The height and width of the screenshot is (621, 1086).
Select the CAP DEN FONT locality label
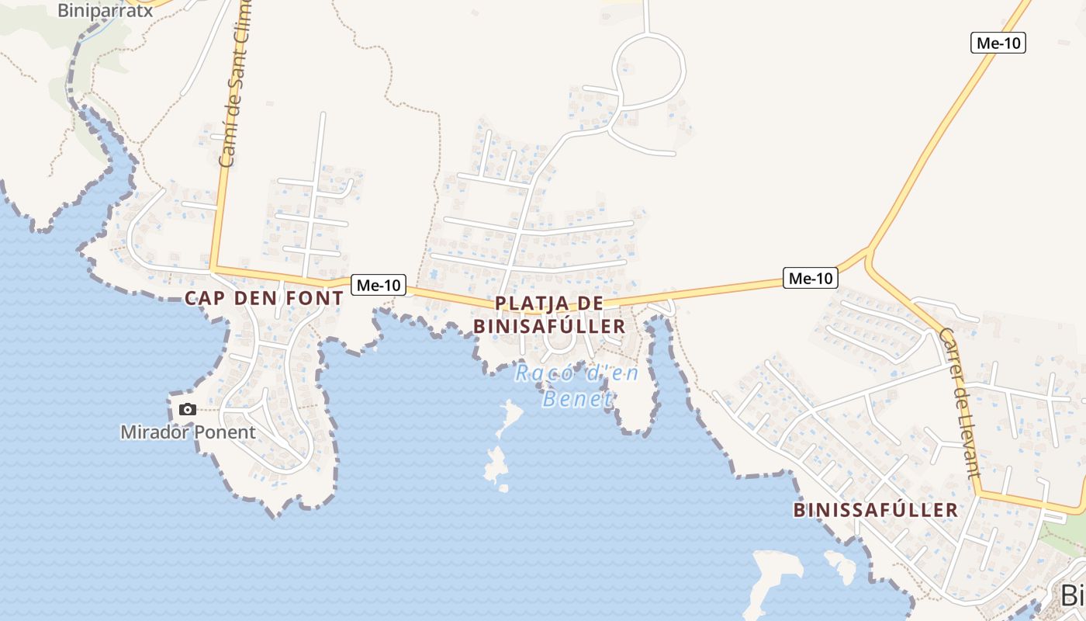click(x=264, y=298)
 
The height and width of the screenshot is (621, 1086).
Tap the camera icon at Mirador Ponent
click(x=187, y=409)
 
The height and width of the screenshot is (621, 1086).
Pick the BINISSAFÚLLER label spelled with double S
click(x=876, y=510)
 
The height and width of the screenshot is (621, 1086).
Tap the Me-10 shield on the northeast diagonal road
click(x=998, y=43)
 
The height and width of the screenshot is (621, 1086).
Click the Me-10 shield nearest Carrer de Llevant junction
click(x=811, y=278)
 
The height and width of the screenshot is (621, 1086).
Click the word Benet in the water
click(x=578, y=399)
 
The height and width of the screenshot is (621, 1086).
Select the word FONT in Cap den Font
click(x=314, y=298)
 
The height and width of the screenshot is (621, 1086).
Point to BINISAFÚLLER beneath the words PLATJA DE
click(x=549, y=326)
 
